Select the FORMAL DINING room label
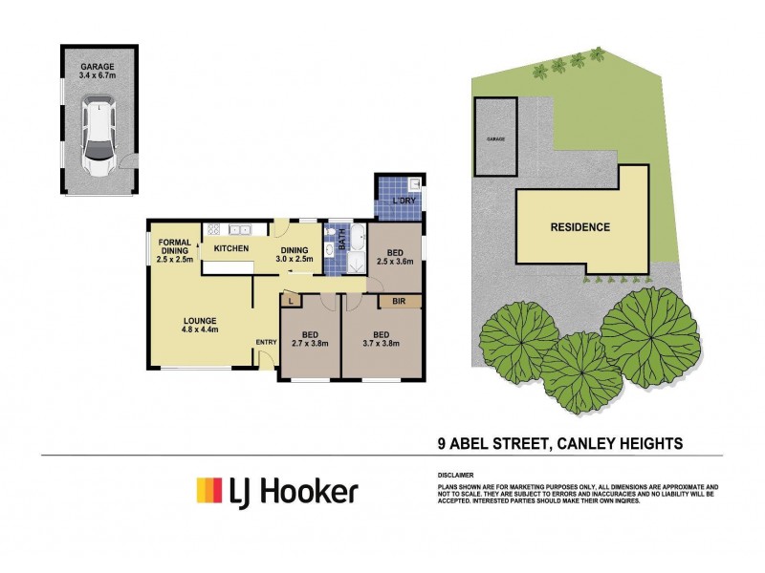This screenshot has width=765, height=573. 175,249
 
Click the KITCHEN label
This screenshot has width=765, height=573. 231,249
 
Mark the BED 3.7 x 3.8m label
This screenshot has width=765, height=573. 380,339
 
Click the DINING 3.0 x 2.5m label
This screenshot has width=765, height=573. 295,252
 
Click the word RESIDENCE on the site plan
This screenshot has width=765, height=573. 579,227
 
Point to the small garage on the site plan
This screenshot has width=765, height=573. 496,138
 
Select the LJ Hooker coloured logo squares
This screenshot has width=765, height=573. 209,491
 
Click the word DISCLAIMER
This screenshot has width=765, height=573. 456,475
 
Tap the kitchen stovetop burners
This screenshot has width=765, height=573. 214,229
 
